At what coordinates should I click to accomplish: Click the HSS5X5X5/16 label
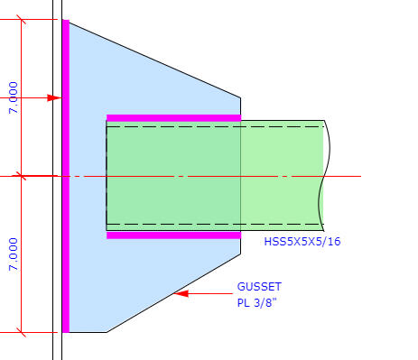(302, 242)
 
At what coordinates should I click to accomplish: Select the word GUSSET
(259, 287)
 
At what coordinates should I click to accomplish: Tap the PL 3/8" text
(256, 302)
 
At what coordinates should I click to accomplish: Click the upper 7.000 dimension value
(14, 97)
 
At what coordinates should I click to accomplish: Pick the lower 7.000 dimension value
(14, 254)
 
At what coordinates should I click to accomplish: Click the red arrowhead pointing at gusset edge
(181, 293)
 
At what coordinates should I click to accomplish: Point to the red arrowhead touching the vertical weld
(54, 97)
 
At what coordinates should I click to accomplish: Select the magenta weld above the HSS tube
(174, 118)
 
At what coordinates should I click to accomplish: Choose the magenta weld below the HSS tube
(174, 235)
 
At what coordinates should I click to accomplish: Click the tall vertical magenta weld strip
(66, 176)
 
